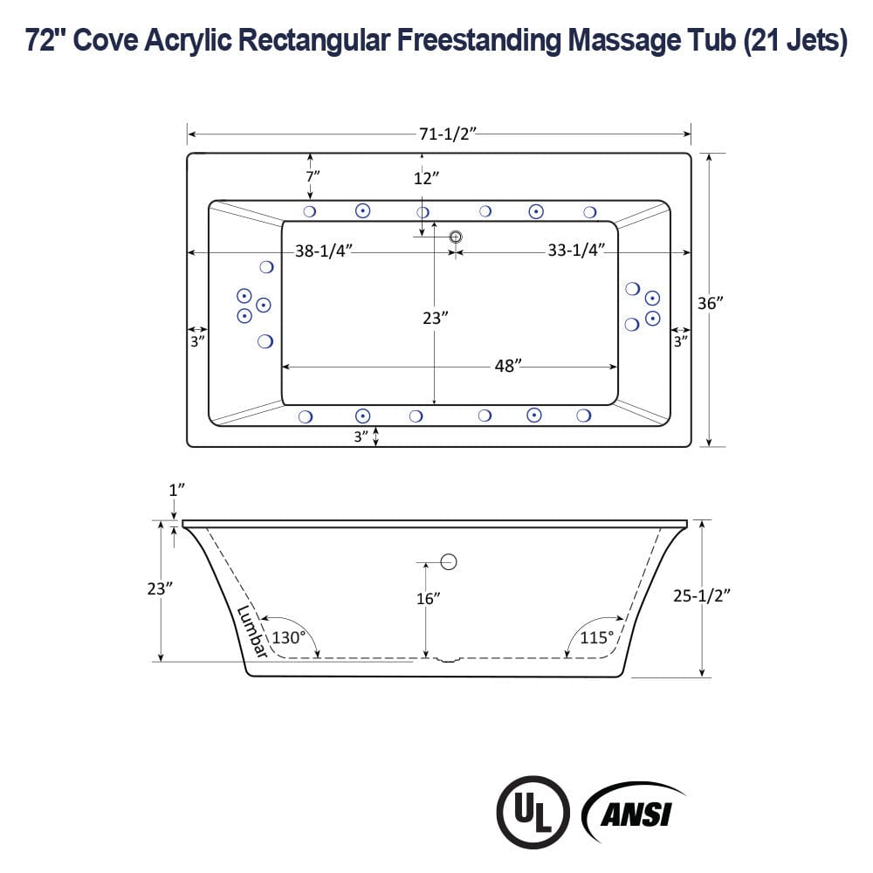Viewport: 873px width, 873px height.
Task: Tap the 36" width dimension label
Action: [710, 303]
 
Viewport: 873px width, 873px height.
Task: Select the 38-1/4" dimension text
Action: [323, 251]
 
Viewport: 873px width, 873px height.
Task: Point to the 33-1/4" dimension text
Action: [576, 251]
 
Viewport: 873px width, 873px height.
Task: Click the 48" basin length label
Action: [507, 366]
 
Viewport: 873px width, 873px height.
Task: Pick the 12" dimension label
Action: [425, 178]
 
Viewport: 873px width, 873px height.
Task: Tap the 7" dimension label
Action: [313, 175]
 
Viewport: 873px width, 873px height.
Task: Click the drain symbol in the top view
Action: [455, 237]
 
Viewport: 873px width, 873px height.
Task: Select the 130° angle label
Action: [288, 637]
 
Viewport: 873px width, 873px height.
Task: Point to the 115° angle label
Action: [597, 637]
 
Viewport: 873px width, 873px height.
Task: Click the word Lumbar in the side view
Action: [252, 625]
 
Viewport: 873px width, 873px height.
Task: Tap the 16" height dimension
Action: [428, 598]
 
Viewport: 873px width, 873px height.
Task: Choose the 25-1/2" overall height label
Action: [703, 595]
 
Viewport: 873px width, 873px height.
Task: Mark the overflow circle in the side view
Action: [449, 561]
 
